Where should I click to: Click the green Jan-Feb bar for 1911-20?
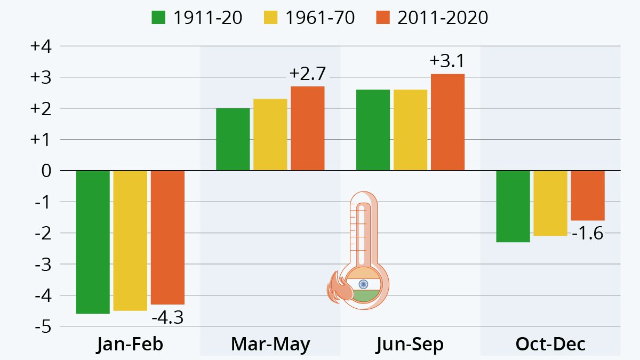[93, 242]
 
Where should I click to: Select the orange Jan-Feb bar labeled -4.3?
[167, 237]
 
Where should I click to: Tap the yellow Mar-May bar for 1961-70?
[270, 134]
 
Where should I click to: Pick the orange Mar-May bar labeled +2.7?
[307, 128]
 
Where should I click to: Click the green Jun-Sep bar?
[373, 130]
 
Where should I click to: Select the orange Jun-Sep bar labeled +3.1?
[447, 122]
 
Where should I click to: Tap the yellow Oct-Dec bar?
[550, 203]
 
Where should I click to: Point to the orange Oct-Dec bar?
[588, 195]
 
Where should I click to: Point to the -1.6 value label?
[587, 233]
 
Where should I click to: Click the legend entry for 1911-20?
[197, 18]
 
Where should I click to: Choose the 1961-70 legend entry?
[309, 18]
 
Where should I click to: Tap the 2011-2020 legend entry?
[432, 18]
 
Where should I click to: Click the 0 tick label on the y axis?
[47, 171]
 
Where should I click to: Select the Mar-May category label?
[270, 345]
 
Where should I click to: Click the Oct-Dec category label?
[550, 345]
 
